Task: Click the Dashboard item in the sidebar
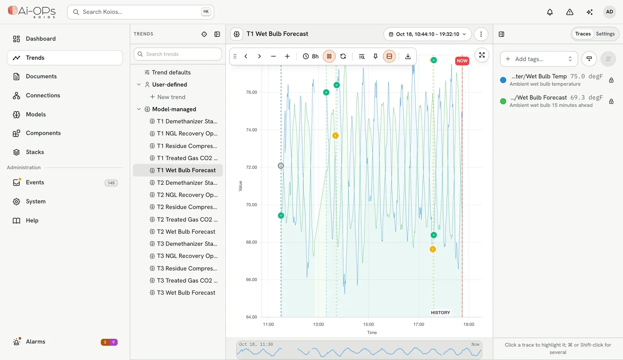click(x=40, y=39)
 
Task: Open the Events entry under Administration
click(x=35, y=182)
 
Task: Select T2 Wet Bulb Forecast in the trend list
click(x=186, y=231)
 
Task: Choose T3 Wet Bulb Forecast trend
click(x=186, y=292)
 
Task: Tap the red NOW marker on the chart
click(x=462, y=61)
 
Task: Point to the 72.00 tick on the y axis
click(x=252, y=167)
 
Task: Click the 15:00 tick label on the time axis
click(x=368, y=324)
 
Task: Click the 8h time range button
click(x=311, y=56)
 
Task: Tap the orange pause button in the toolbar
click(x=329, y=56)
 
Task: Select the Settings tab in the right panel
click(x=605, y=34)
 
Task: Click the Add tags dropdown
click(x=539, y=59)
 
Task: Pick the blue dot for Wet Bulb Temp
click(x=503, y=80)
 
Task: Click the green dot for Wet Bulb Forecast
click(x=503, y=101)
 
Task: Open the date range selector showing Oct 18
click(x=427, y=34)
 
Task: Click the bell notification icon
click(x=549, y=12)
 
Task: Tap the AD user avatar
click(x=609, y=12)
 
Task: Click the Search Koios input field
click(x=141, y=12)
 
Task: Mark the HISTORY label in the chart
click(x=440, y=312)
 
